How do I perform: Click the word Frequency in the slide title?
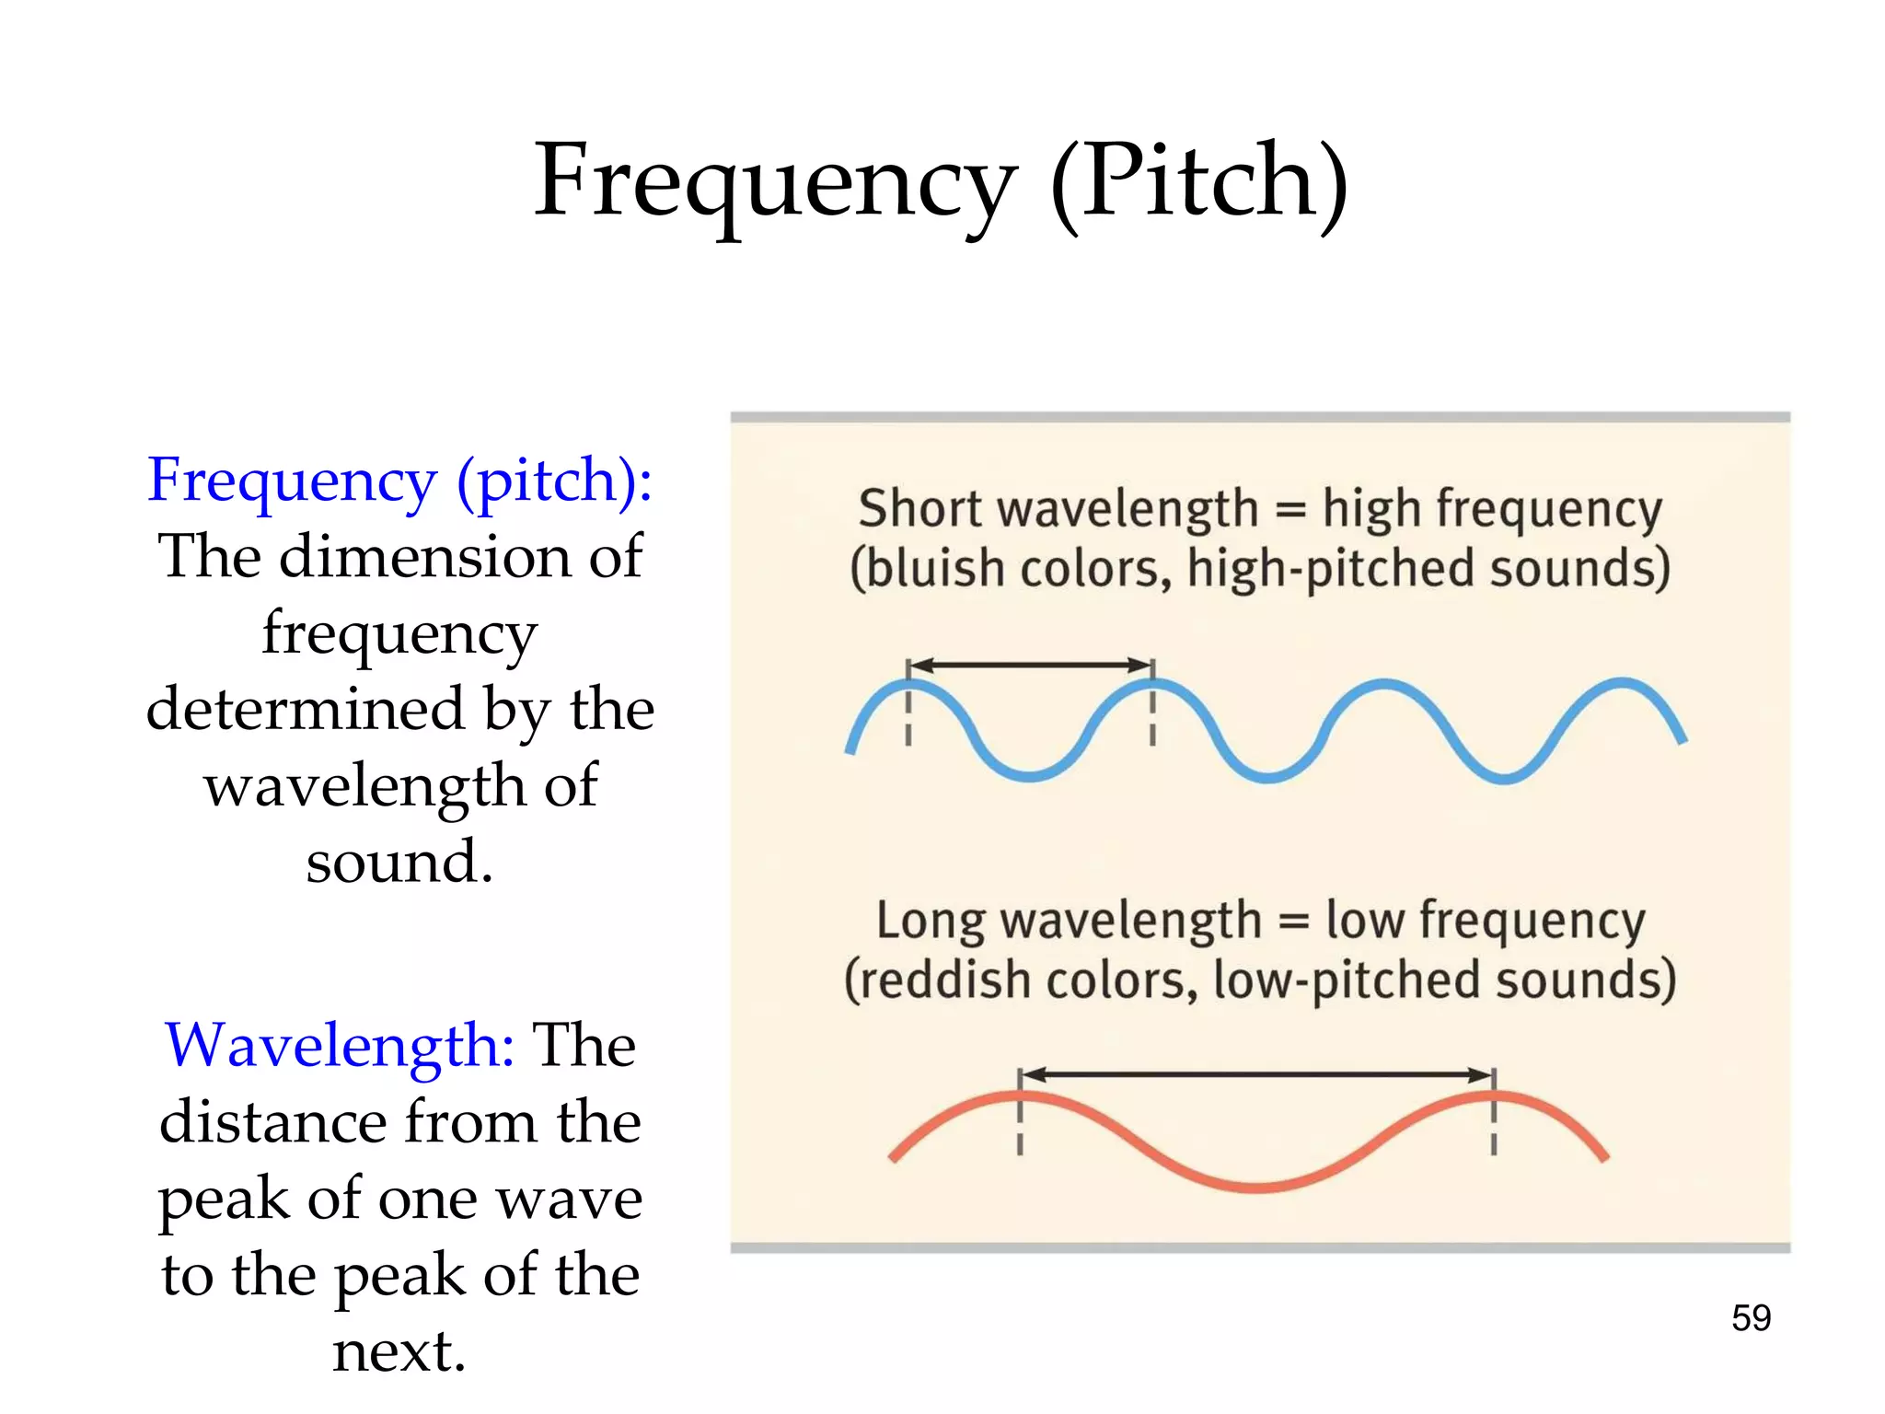click(x=775, y=182)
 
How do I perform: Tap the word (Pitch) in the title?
click(x=1198, y=182)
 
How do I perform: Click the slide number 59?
click(x=1751, y=1318)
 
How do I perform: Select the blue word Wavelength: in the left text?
click(x=340, y=1046)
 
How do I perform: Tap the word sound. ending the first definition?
click(x=399, y=863)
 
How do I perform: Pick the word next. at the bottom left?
click(x=399, y=1351)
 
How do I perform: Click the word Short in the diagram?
click(x=919, y=509)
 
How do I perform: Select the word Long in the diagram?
click(x=930, y=921)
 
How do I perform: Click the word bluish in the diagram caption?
click(x=930, y=569)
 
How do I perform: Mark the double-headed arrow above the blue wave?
click(x=1030, y=665)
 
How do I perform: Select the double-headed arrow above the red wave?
click(x=1256, y=1074)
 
